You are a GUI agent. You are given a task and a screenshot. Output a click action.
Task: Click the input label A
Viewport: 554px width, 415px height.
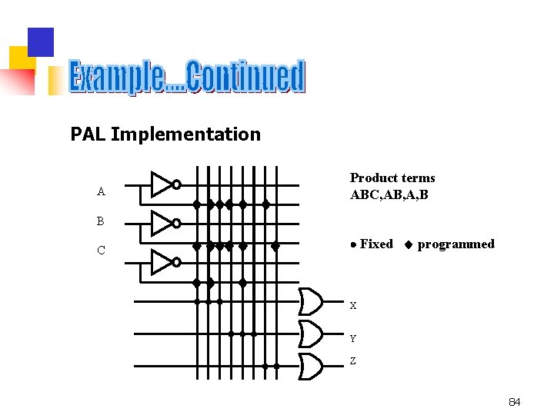[101, 191]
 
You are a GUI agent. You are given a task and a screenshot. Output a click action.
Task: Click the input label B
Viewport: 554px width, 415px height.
[101, 221]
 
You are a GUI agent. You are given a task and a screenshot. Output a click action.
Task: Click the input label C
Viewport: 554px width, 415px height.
[101, 251]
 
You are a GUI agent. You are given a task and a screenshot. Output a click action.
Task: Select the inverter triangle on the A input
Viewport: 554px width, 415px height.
[162, 184]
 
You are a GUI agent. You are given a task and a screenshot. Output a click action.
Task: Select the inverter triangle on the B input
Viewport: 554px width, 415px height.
[162, 224]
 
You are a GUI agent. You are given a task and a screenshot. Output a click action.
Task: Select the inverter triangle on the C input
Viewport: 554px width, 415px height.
[162, 262]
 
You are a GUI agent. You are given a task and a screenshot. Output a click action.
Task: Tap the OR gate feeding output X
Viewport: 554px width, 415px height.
[310, 302]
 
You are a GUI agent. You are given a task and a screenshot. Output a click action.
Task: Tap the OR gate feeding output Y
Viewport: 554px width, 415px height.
[310, 334]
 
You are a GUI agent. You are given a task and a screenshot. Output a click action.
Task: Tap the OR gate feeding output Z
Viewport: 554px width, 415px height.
[310, 367]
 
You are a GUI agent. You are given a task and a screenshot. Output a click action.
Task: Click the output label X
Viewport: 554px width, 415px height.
[353, 306]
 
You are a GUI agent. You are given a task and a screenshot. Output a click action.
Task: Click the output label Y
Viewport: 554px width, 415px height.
[353, 338]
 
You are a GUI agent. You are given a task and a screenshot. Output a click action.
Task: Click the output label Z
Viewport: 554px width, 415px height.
[353, 361]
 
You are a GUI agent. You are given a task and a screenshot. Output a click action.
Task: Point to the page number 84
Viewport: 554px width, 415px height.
[515, 402]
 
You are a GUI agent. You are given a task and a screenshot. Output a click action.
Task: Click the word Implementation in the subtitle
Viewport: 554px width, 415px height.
[185, 134]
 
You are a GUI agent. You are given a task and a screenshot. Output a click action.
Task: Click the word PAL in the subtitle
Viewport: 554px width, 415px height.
[88, 134]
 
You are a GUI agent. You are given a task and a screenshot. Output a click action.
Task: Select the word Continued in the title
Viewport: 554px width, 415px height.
[245, 78]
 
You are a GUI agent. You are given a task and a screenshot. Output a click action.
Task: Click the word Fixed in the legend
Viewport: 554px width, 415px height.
[376, 244]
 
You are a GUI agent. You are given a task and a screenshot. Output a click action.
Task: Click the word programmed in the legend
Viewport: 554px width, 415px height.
[456, 244]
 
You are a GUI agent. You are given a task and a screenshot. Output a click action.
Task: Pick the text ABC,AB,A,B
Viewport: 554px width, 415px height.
[389, 194]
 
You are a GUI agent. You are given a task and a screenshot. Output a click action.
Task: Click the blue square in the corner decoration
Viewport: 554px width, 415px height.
[41, 41]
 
